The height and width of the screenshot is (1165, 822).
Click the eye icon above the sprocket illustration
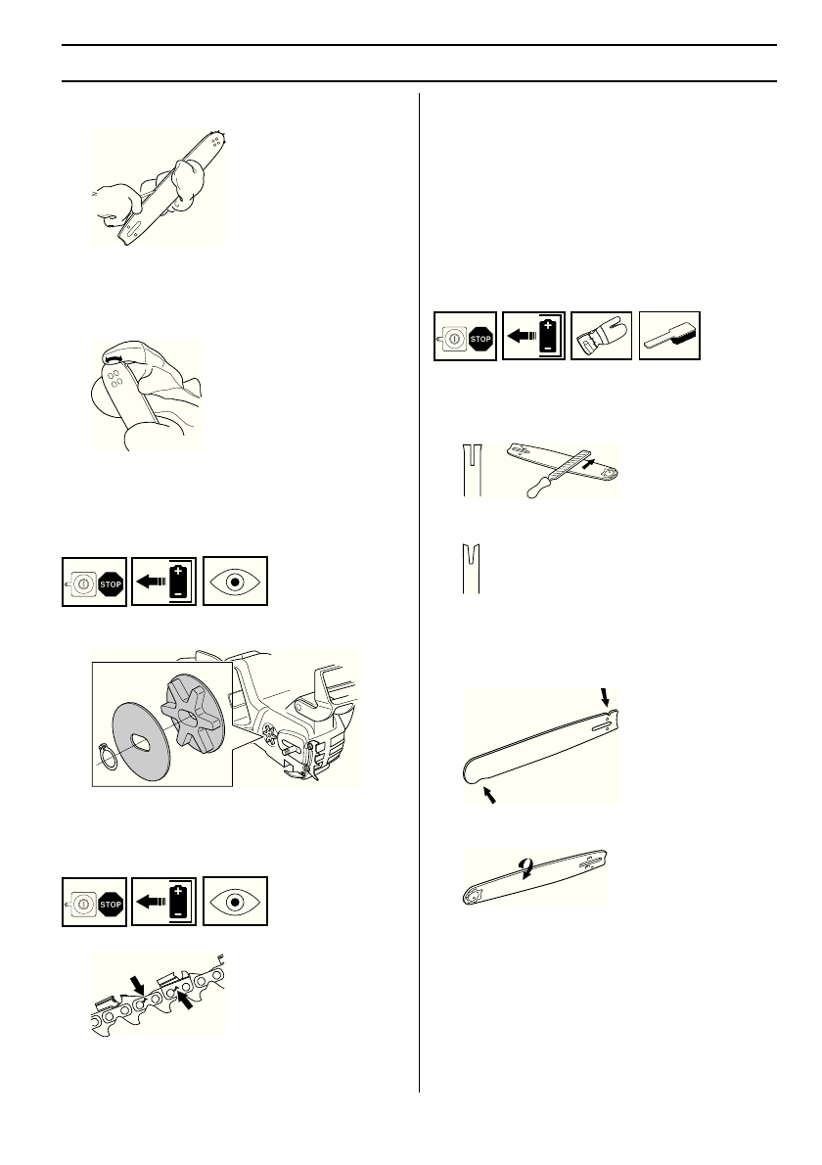235,582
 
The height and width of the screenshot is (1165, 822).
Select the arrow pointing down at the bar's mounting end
605,696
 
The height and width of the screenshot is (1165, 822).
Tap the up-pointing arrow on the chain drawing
183,997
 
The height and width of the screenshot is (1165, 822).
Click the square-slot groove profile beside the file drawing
472,471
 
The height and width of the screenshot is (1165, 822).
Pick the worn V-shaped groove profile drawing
472,571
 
